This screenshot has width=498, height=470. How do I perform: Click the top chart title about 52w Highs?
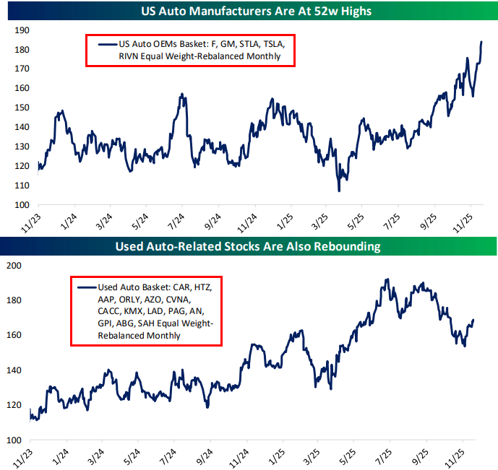(x=249, y=10)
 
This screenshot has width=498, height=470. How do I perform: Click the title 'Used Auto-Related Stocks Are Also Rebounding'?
(x=249, y=247)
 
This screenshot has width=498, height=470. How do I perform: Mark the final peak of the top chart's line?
(x=481, y=42)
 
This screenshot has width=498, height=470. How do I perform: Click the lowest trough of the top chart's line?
(x=338, y=191)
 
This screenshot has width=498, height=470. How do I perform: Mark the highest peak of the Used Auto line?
(x=387, y=279)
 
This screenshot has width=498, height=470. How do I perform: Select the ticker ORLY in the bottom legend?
(x=129, y=300)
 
